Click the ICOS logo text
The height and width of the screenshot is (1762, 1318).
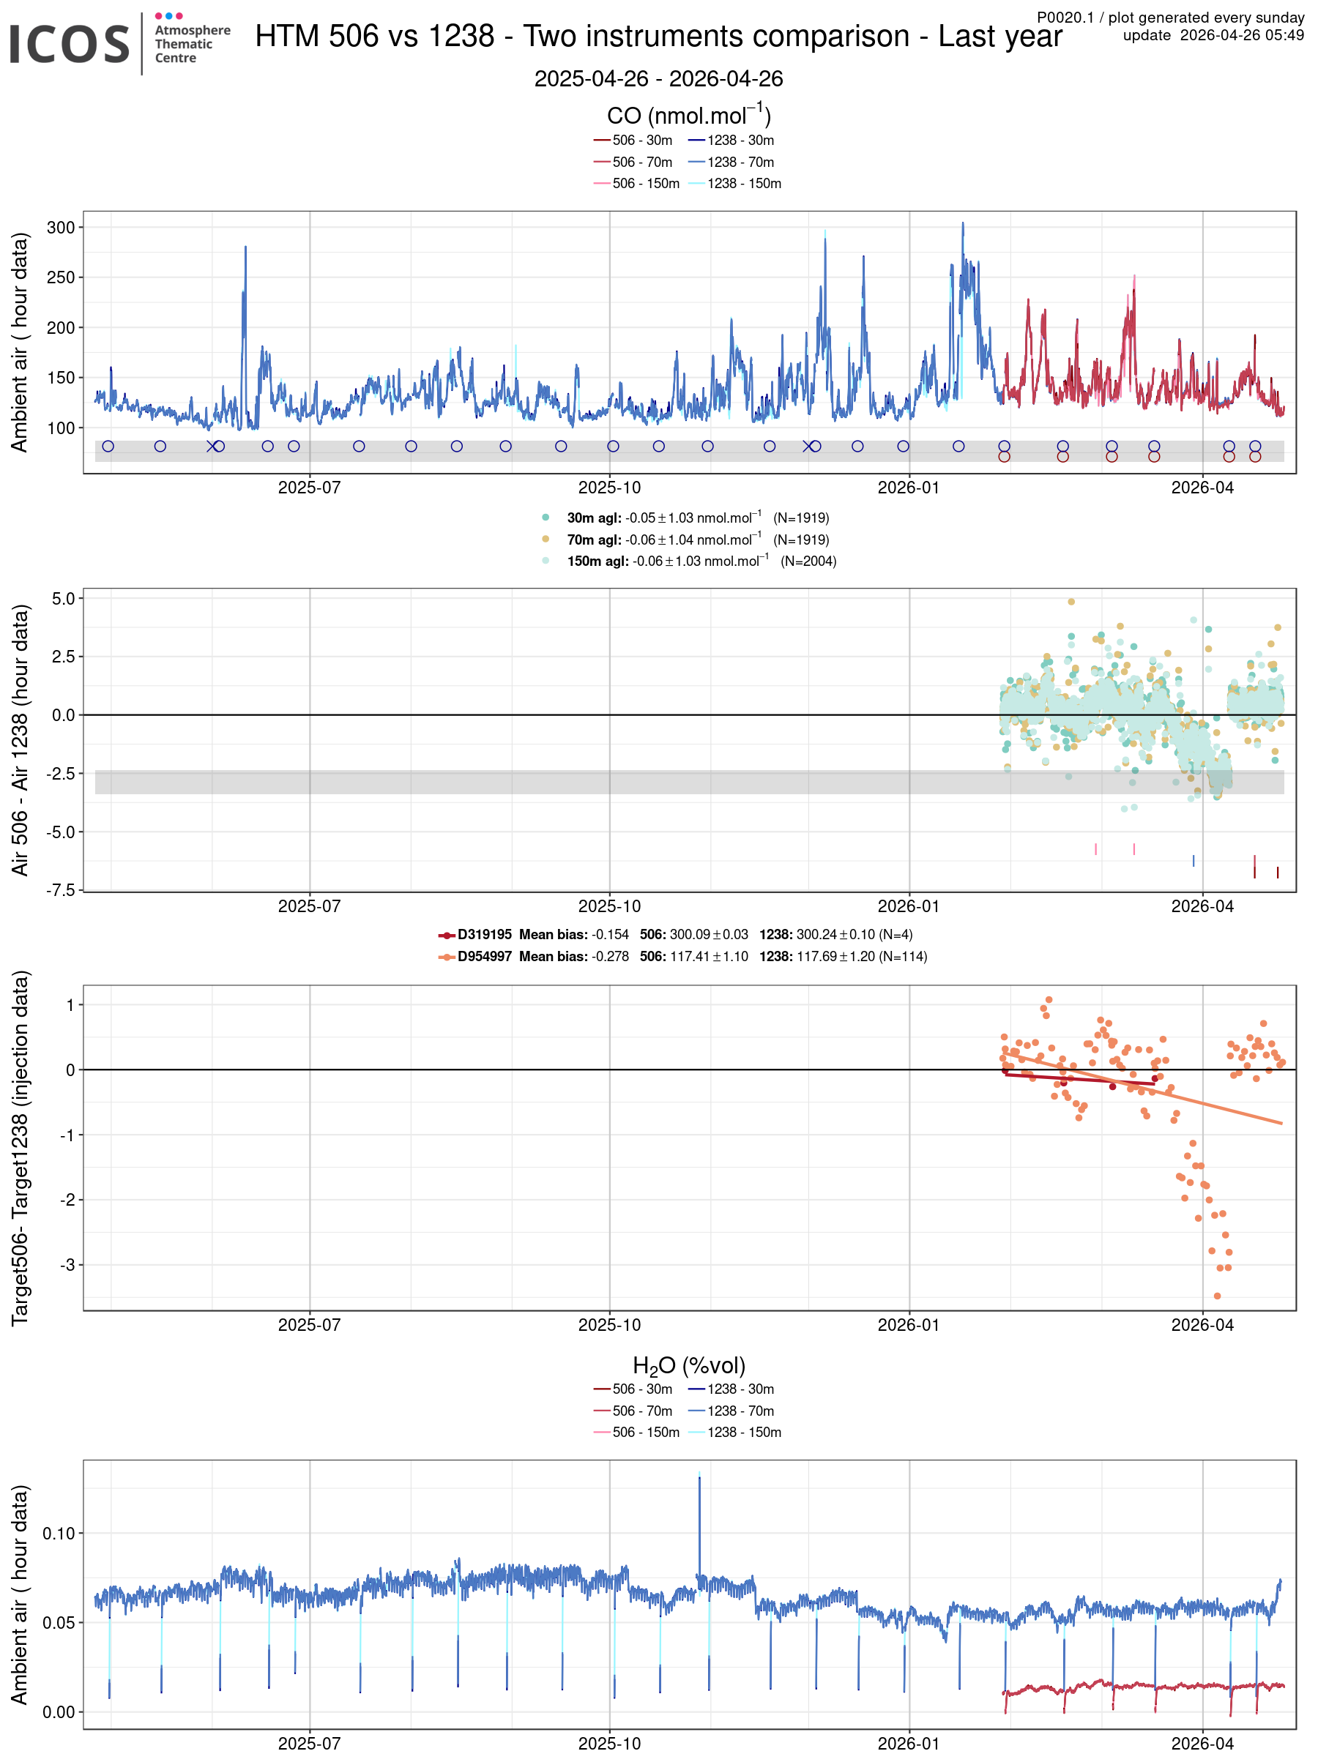[x=70, y=44]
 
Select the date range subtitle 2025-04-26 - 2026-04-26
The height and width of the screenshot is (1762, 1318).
[x=658, y=79]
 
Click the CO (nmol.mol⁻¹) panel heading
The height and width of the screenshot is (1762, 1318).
[x=688, y=115]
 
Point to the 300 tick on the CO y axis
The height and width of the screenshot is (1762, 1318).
[x=61, y=227]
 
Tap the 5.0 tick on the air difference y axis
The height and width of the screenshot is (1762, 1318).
[x=63, y=598]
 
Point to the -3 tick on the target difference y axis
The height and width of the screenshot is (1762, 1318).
[x=69, y=1264]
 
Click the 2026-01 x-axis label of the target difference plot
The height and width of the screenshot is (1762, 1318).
[x=909, y=1325]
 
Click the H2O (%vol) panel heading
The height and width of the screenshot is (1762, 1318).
[x=688, y=1365]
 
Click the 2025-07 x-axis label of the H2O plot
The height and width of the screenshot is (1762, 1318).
[x=309, y=1743]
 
